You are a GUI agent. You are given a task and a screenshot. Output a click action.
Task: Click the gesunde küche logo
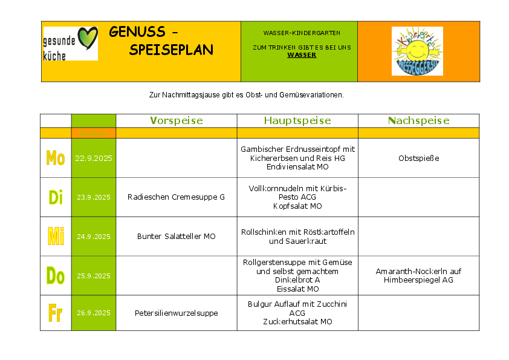click(70, 44)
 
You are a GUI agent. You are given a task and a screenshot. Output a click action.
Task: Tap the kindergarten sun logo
click(417, 51)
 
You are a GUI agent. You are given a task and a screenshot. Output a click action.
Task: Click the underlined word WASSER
click(302, 55)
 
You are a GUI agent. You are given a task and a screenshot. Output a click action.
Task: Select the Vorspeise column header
click(177, 120)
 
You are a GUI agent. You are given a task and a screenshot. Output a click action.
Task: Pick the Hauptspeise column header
click(297, 120)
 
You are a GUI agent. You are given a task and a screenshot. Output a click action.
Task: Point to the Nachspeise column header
click(418, 120)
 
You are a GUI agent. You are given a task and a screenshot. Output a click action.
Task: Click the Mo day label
click(56, 159)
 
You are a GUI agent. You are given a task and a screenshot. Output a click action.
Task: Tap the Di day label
click(56, 197)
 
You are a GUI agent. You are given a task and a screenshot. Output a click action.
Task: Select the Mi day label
click(56, 237)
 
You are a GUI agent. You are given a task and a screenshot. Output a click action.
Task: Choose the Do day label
click(56, 276)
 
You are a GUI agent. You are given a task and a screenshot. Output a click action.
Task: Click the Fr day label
click(56, 313)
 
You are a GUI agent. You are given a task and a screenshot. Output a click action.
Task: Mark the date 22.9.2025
click(94, 159)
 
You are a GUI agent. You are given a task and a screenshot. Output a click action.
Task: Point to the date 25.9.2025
click(94, 276)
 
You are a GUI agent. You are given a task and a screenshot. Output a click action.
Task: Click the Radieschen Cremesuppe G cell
click(176, 197)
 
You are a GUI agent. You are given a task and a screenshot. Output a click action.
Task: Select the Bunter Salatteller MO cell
click(176, 237)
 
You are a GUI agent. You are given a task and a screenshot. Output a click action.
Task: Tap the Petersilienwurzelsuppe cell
click(176, 313)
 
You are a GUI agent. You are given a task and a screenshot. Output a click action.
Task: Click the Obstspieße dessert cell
click(418, 159)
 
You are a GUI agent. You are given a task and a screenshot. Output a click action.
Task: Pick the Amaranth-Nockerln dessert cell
click(418, 276)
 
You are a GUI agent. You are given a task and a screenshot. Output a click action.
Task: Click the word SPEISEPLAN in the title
click(171, 50)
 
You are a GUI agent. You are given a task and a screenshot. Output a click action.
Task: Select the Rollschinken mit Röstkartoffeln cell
click(297, 237)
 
